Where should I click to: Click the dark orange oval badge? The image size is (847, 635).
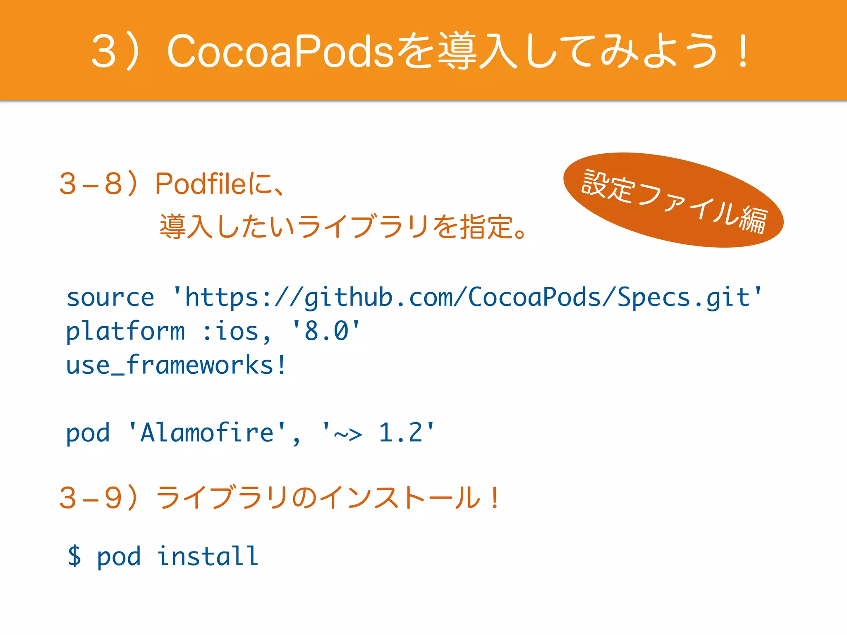click(x=673, y=200)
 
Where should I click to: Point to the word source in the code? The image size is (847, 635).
click(x=110, y=298)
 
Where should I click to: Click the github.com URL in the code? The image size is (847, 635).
click(x=467, y=298)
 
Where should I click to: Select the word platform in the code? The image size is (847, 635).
click(x=125, y=332)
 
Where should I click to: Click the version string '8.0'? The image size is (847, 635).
click(x=326, y=332)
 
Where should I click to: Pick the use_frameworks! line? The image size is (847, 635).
click(x=176, y=365)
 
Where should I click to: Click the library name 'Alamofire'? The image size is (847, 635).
click(x=207, y=433)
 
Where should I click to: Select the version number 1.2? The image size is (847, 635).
click(x=401, y=433)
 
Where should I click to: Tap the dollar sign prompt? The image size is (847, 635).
click(x=74, y=556)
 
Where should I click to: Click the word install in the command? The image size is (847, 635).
click(x=208, y=556)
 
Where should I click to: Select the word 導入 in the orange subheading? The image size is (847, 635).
click(x=186, y=227)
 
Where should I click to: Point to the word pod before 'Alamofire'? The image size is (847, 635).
click(x=88, y=433)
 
